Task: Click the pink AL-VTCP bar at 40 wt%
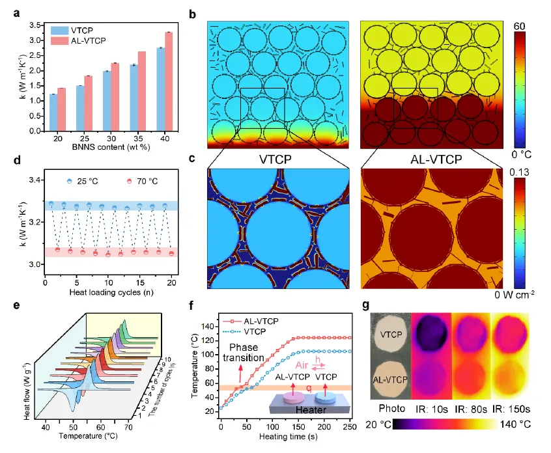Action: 167,81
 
